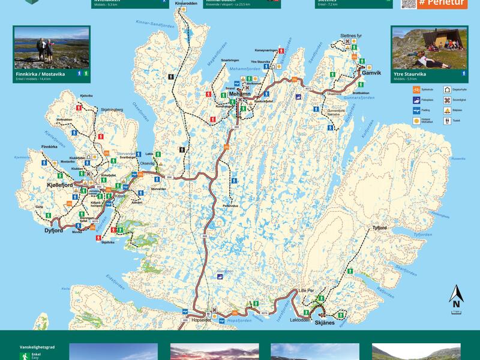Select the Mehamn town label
click(239, 94)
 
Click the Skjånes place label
click(323, 323)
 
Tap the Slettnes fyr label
click(351, 36)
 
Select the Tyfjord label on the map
click(380, 228)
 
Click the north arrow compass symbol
click(456, 296)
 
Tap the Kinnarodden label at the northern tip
click(186, 4)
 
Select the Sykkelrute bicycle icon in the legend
click(416, 89)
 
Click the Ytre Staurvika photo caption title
click(409, 73)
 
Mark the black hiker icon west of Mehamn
click(172, 77)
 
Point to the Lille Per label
click(306, 290)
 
